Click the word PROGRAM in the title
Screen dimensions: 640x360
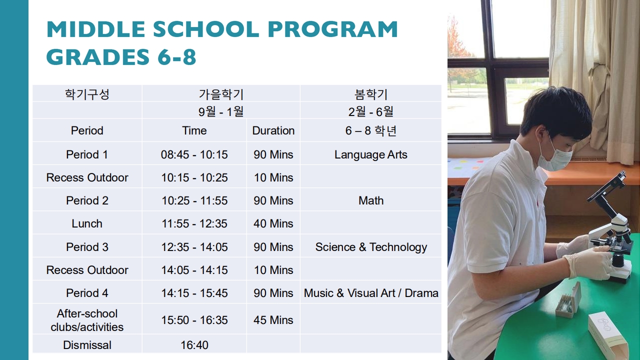pyautogui.click(x=332, y=29)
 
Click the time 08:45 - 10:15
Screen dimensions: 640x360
pyautogui.click(x=194, y=154)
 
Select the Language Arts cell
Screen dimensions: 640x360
pyautogui.click(x=371, y=154)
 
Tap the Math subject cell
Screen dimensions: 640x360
pyautogui.click(x=371, y=200)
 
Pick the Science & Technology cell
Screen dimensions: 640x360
pyautogui.click(x=371, y=247)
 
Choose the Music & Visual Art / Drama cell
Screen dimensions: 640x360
pyautogui.click(x=371, y=293)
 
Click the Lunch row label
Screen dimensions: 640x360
pyautogui.click(x=87, y=223)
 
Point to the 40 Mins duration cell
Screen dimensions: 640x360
pyautogui.click(x=273, y=223)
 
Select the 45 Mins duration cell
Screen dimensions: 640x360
pyautogui.click(x=273, y=320)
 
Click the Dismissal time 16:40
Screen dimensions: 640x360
pyautogui.click(x=194, y=345)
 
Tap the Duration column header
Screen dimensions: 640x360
pyautogui.click(x=273, y=130)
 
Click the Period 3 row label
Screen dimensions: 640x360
pyautogui.click(x=87, y=247)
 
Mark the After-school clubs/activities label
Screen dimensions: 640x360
pyautogui.click(x=87, y=320)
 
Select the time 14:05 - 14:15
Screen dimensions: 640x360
pyautogui.click(x=194, y=270)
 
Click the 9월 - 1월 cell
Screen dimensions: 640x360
pyautogui.click(x=221, y=111)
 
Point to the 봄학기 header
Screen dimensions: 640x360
pyautogui.click(x=371, y=94)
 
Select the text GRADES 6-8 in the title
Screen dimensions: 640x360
pyautogui.click(x=121, y=56)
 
